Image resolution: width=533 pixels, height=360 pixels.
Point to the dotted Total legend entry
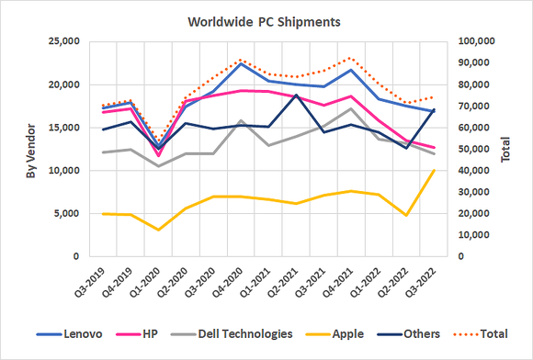tap(483, 333)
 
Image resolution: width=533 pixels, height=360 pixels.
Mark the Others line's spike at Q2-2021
tap(295, 96)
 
